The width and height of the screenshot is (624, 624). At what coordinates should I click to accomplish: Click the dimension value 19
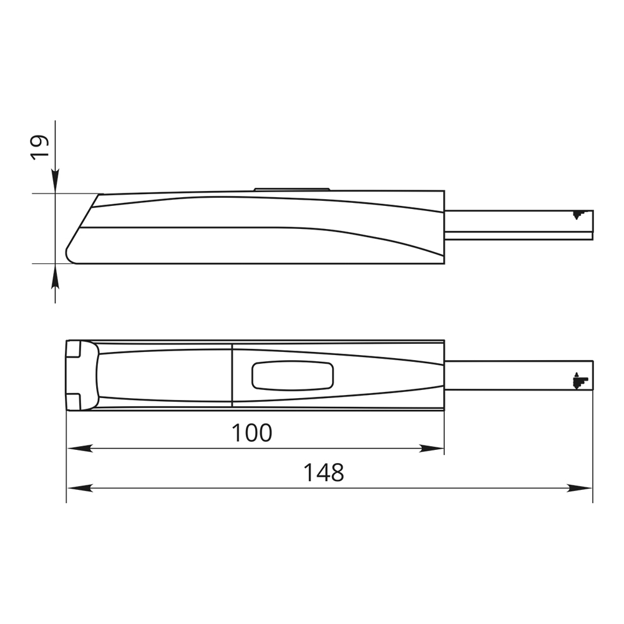(x=40, y=147)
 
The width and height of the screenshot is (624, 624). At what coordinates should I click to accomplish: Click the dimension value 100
(x=251, y=433)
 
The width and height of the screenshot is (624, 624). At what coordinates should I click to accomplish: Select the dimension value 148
(x=323, y=473)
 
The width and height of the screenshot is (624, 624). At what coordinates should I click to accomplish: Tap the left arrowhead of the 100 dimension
(x=80, y=449)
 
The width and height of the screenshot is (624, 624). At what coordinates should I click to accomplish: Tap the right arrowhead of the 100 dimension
(x=431, y=449)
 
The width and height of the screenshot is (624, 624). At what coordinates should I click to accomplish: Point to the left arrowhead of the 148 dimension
(x=80, y=489)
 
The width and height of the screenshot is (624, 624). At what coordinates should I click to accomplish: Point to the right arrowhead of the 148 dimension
(x=580, y=489)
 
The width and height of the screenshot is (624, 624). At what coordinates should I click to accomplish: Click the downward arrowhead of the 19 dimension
(x=56, y=181)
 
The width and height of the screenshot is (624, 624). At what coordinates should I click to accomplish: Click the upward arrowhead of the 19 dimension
(x=56, y=276)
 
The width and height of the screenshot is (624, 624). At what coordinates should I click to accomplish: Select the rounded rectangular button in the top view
(x=293, y=375)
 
